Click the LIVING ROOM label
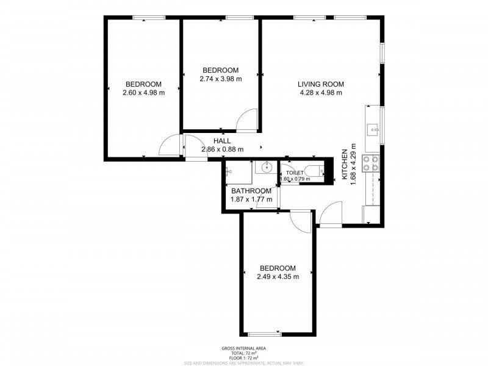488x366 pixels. [x=321, y=84]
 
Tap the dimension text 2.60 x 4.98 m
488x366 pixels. [x=143, y=93]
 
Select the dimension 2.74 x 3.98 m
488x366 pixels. [x=220, y=79]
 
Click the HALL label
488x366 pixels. [x=222, y=140]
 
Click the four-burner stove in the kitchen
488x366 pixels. [x=371, y=163]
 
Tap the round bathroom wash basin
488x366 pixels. [x=266, y=167]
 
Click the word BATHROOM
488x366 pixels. [x=250, y=190]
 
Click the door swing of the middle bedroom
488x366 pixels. [x=247, y=120]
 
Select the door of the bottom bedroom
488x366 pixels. [x=300, y=221]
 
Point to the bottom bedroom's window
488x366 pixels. [x=265, y=334]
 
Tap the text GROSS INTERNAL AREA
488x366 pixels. [x=244, y=348]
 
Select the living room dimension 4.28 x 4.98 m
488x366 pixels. [x=321, y=93]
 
